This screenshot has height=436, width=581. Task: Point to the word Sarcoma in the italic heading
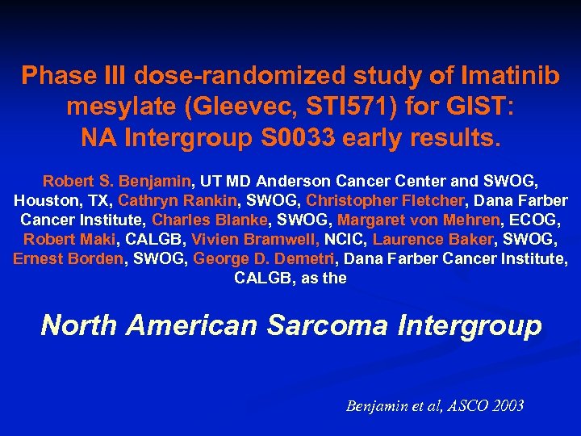click(x=323, y=325)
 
